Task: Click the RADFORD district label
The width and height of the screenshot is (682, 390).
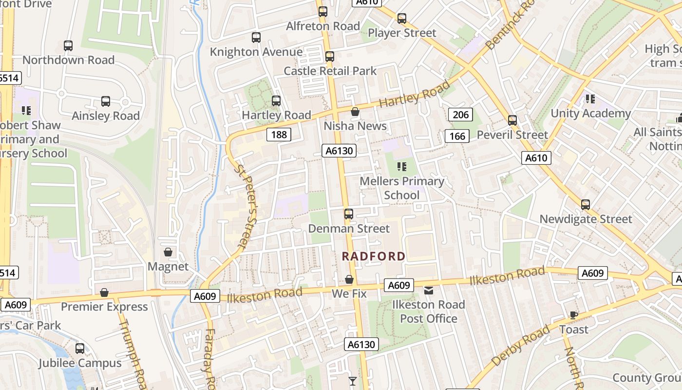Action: pyautogui.click(x=373, y=256)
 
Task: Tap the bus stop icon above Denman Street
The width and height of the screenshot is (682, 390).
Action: pyautogui.click(x=349, y=214)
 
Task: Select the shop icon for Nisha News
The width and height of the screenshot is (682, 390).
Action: pyautogui.click(x=355, y=112)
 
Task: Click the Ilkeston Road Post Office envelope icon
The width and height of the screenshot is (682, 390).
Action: pyautogui.click(x=428, y=291)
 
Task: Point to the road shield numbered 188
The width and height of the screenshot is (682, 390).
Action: pyautogui.click(x=279, y=135)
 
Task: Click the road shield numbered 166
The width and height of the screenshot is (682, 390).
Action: pyautogui.click(x=457, y=136)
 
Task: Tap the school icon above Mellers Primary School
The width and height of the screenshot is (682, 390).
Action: pyautogui.click(x=402, y=167)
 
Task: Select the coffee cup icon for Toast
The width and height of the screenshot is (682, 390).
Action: pyautogui.click(x=574, y=315)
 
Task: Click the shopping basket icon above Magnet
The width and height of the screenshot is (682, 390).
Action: pyautogui.click(x=168, y=252)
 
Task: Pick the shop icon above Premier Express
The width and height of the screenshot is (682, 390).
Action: pyautogui.click(x=104, y=292)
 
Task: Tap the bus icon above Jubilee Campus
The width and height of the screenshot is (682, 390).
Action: pyautogui.click(x=80, y=349)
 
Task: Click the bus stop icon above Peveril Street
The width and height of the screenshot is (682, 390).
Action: pyautogui.click(x=512, y=120)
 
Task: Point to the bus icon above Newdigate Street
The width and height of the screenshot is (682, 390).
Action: pyautogui.click(x=586, y=205)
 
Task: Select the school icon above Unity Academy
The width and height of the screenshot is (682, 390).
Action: pyautogui.click(x=590, y=99)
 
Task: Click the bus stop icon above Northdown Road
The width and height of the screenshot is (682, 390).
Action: pyautogui.click(x=68, y=46)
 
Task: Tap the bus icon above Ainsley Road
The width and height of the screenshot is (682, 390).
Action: pyautogui.click(x=106, y=101)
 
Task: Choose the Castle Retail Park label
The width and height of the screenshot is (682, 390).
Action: pyautogui.click(x=330, y=71)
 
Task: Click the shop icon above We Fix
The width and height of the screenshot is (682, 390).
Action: pyautogui.click(x=349, y=279)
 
